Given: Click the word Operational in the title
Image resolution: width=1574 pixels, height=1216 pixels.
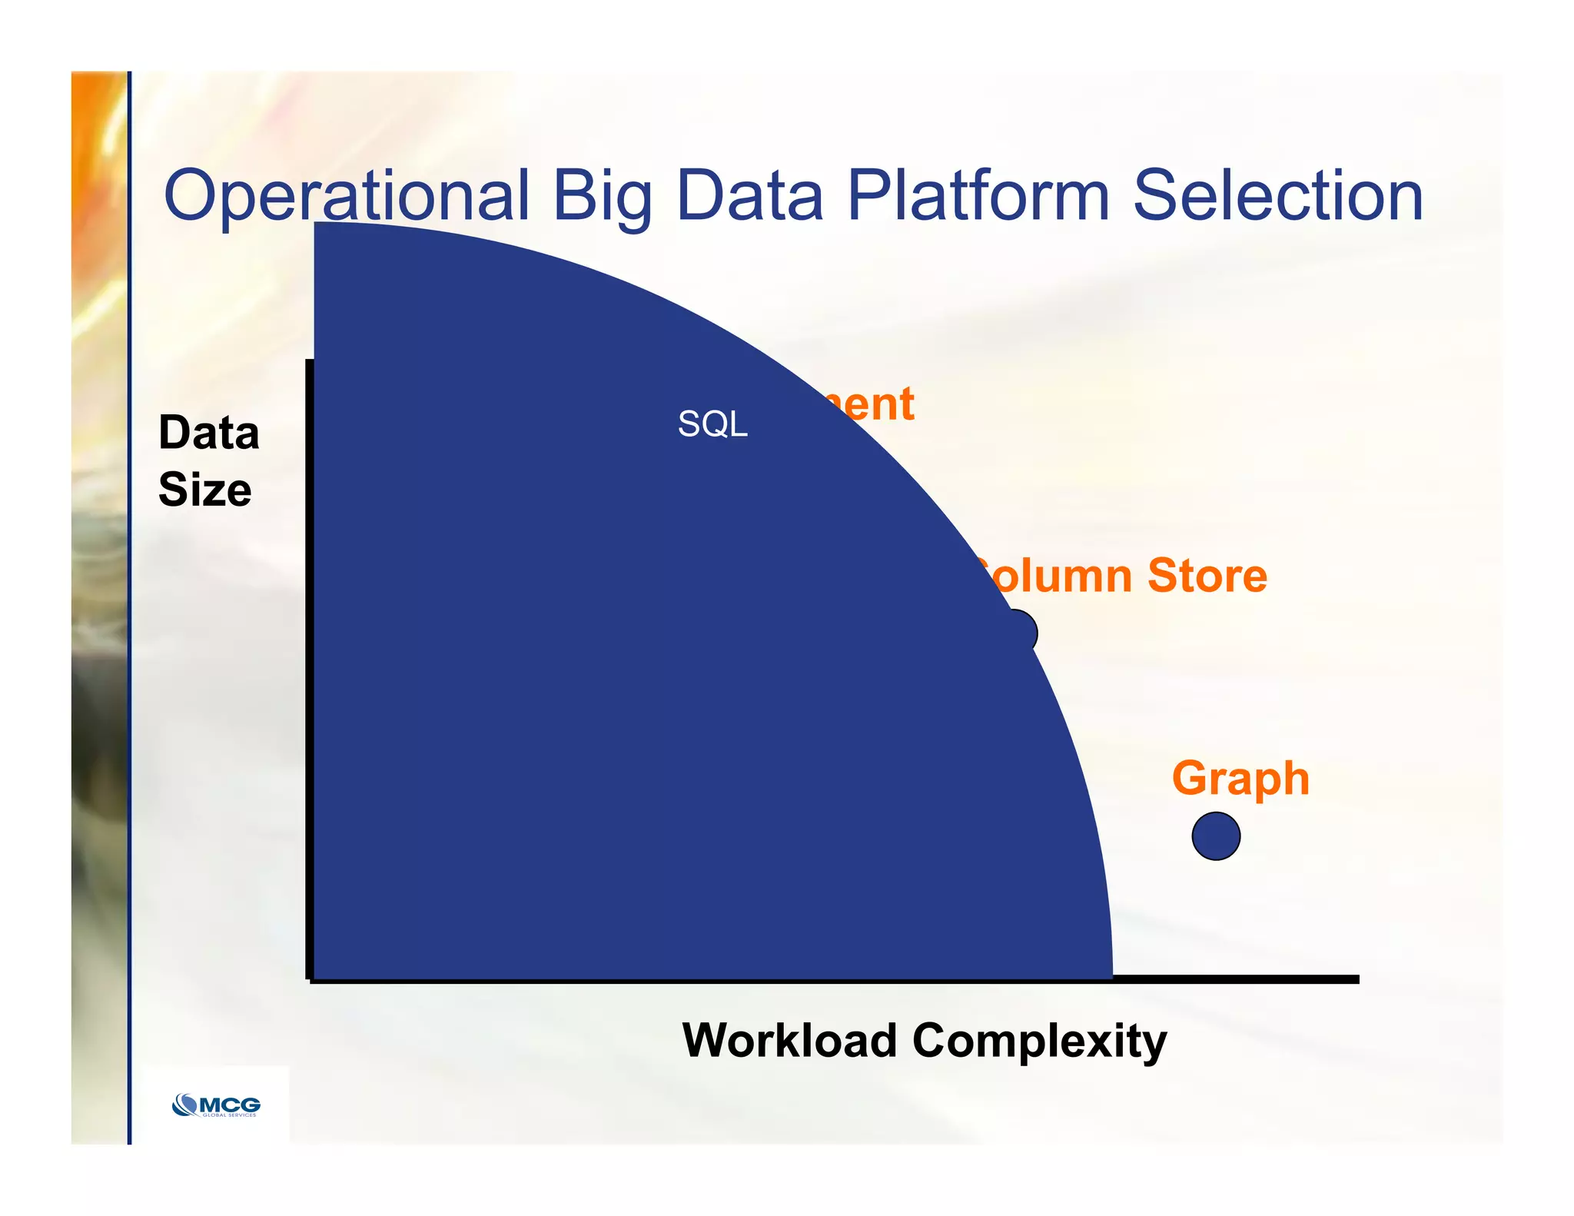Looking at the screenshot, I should [346, 196].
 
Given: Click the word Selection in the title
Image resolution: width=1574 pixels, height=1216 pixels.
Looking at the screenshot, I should [1277, 196].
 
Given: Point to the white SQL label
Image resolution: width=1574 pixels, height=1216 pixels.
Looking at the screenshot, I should [712, 424].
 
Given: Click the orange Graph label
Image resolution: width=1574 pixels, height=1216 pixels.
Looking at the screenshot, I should [1240, 778].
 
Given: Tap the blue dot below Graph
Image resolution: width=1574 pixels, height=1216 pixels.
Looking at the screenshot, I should [1216, 836].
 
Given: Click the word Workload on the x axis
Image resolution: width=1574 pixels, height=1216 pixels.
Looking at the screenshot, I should [789, 1040].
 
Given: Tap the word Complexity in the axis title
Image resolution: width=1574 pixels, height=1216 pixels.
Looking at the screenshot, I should [1039, 1042].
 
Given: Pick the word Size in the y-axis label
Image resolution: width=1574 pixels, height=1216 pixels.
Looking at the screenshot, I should [204, 490].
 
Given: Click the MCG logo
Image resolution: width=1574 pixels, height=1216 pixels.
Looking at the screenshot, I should [216, 1105].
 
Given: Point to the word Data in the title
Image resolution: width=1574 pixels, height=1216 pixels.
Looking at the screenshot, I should [749, 196].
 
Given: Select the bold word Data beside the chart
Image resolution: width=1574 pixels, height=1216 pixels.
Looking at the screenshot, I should [208, 433].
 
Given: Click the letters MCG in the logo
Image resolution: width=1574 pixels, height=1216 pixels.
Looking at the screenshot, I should [230, 1104].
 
